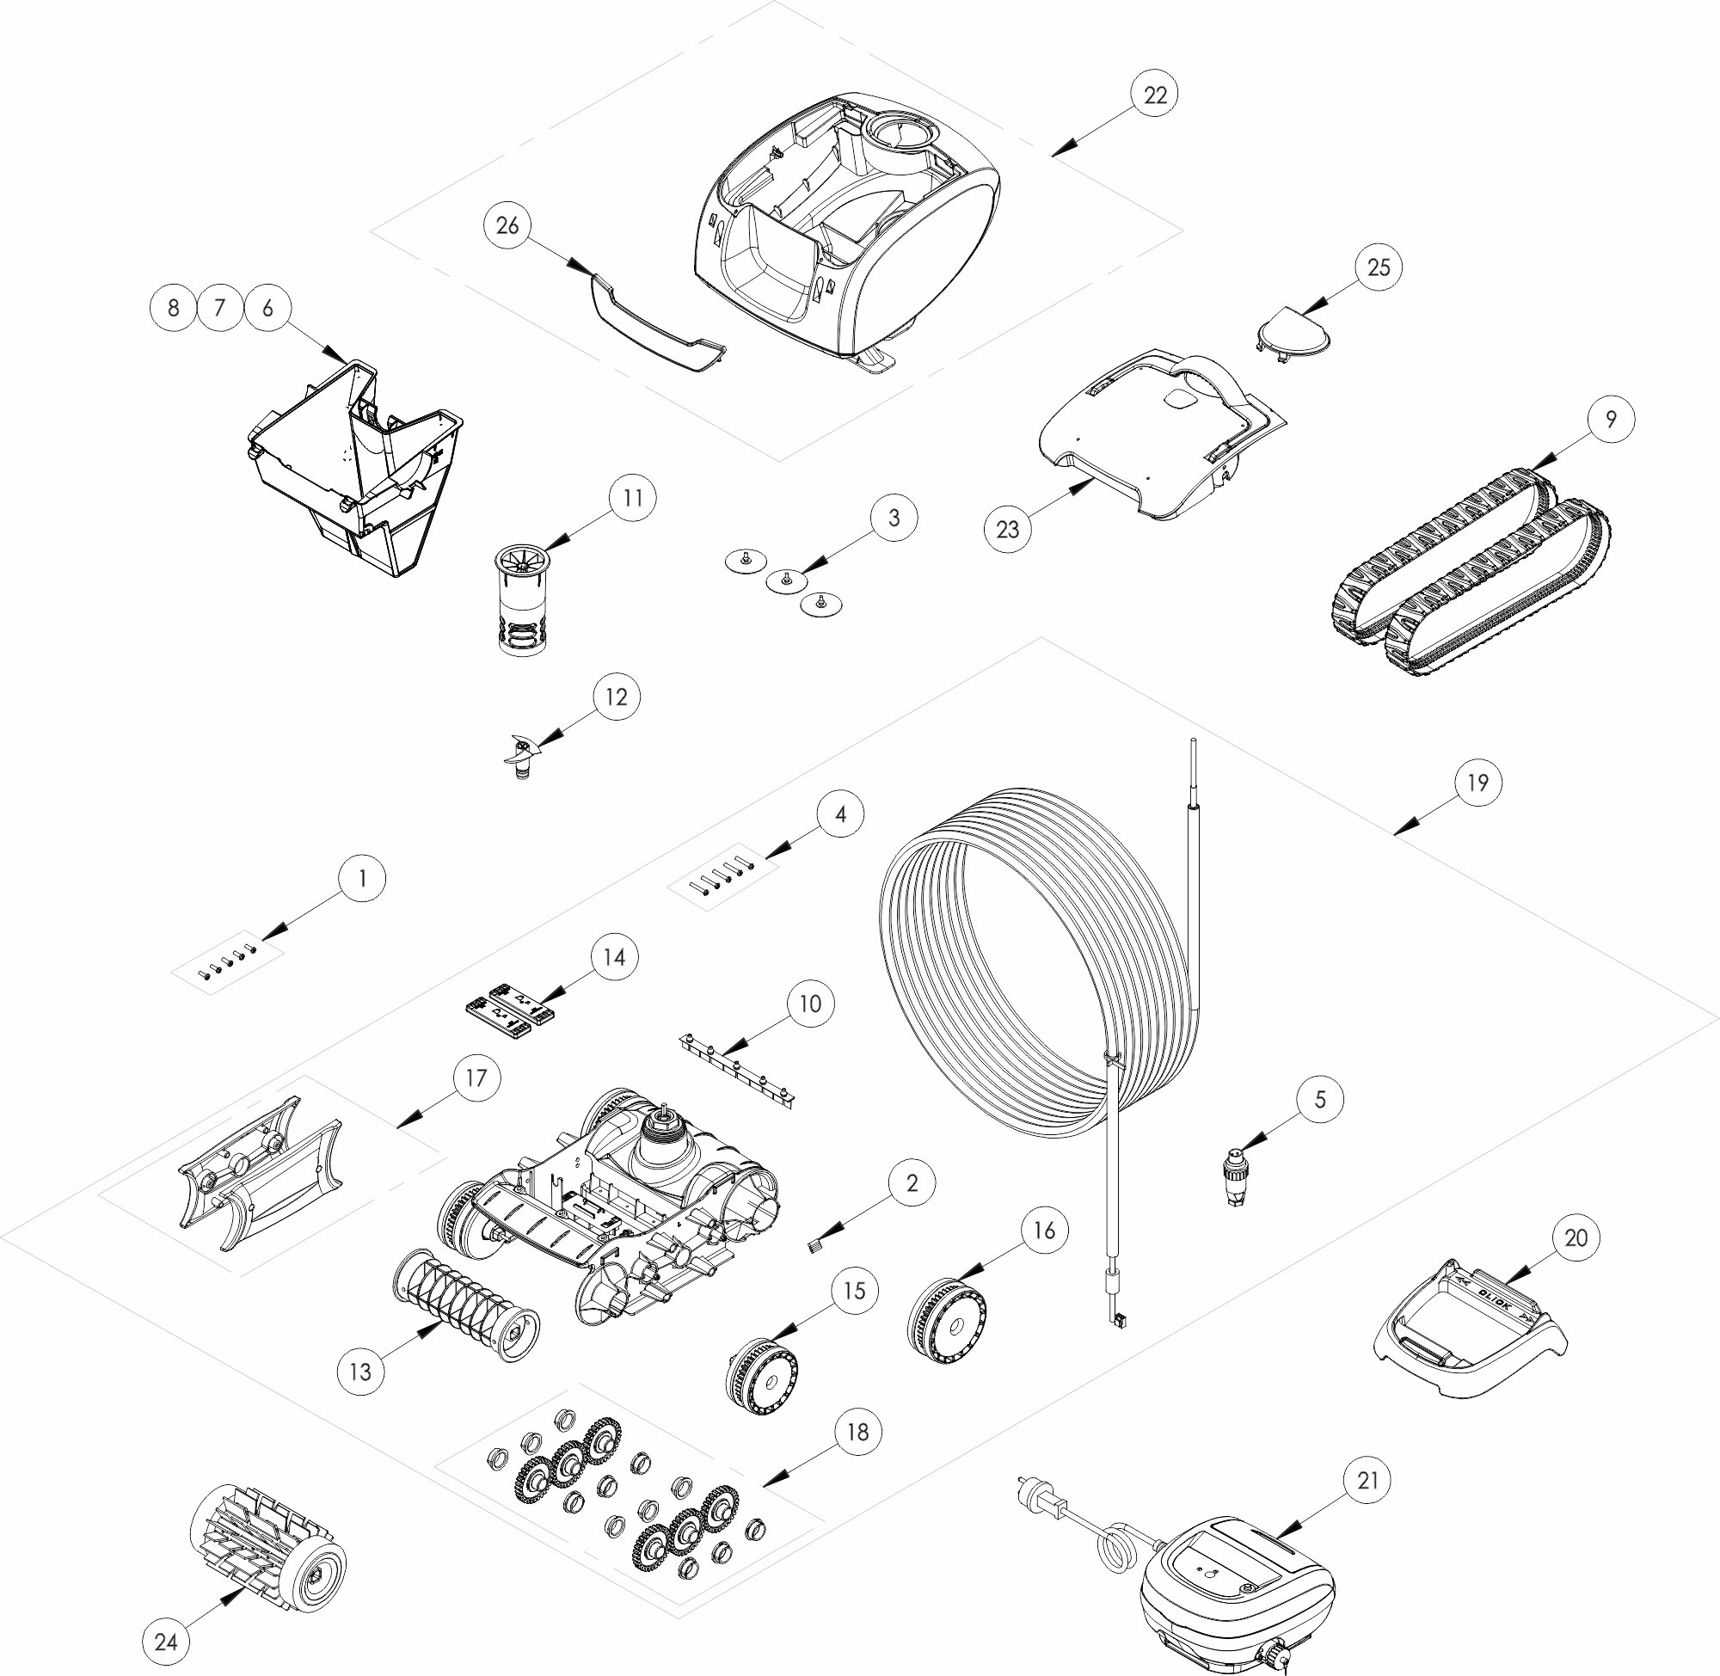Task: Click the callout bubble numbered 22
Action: (x=1154, y=95)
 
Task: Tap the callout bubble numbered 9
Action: (x=1611, y=419)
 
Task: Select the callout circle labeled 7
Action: (x=220, y=307)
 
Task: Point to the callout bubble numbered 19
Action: (x=1477, y=782)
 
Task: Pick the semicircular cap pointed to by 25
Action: (x=1291, y=332)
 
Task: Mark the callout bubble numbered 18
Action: (x=857, y=1431)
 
